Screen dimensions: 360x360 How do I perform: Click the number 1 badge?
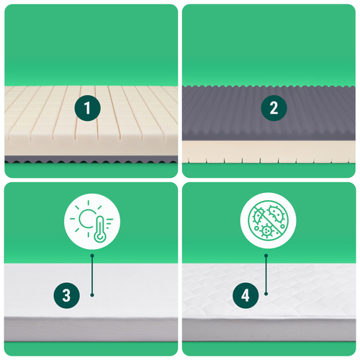tap(88, 108)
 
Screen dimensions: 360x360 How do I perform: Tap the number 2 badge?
tap(274, 107)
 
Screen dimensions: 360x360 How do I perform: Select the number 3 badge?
tap(66, 295)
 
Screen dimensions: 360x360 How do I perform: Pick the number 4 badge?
tap(246, 295)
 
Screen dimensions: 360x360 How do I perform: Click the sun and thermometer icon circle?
tap(92, 221)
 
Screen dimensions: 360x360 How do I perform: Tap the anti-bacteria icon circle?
tap(268, 220)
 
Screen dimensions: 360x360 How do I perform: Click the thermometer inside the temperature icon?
tap(100, 229)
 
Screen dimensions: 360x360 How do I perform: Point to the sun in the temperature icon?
tap(86, 218)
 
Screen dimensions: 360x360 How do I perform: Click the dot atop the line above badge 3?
tap(92, 256)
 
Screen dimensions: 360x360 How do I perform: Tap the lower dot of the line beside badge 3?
tap(92, 295)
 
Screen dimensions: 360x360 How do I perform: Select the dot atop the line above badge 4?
tap(266, 256)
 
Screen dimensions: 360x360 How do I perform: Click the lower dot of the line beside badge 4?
tap(266, 294)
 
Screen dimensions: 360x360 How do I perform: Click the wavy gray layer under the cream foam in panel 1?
tap(91, 159)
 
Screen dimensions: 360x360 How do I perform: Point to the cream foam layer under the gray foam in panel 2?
tap(269, 152)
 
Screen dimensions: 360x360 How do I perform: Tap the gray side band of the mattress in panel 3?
tap(91, 329)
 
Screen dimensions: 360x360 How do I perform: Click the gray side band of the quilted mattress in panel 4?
tap(269, 330)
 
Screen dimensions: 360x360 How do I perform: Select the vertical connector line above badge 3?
tap(92, 275)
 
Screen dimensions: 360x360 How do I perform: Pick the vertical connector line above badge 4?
tap(266, 274)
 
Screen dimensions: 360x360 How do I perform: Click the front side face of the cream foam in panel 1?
tap(91, 147)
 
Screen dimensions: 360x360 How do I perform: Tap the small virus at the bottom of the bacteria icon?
tap(266, 230)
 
